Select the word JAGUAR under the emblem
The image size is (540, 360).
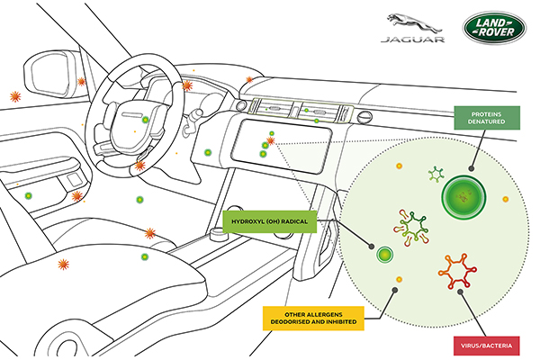coord(409,40)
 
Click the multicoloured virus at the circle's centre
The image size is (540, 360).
coord(412,225)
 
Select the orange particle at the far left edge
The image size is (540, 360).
coord(14,95)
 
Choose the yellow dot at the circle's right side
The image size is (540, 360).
coord(506,198)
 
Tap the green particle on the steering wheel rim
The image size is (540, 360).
coord(145,119)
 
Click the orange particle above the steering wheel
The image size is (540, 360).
coord(187,85)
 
